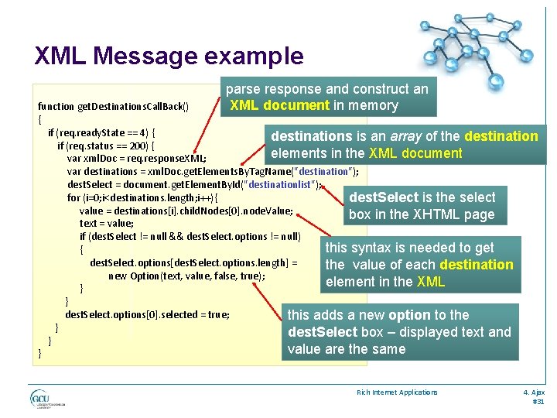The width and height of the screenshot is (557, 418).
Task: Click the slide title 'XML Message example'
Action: click(x=169, y=56)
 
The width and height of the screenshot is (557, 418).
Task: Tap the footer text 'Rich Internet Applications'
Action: click(x=397, y=392)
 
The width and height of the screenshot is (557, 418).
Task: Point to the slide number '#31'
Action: click(x=538, y=402)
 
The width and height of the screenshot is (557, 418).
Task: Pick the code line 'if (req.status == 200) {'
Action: click(x=108, y=146)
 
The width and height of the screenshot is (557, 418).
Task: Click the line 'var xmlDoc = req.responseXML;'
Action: click(x=136, y=159)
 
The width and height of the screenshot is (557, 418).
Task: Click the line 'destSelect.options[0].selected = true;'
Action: click(x=147, y=315)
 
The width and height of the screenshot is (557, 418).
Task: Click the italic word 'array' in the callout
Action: click(x=414, y=136)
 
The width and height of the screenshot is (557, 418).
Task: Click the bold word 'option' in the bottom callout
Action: click(x=409, y=315)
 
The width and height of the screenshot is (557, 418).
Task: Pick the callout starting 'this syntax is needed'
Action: click(x=419, y=265)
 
